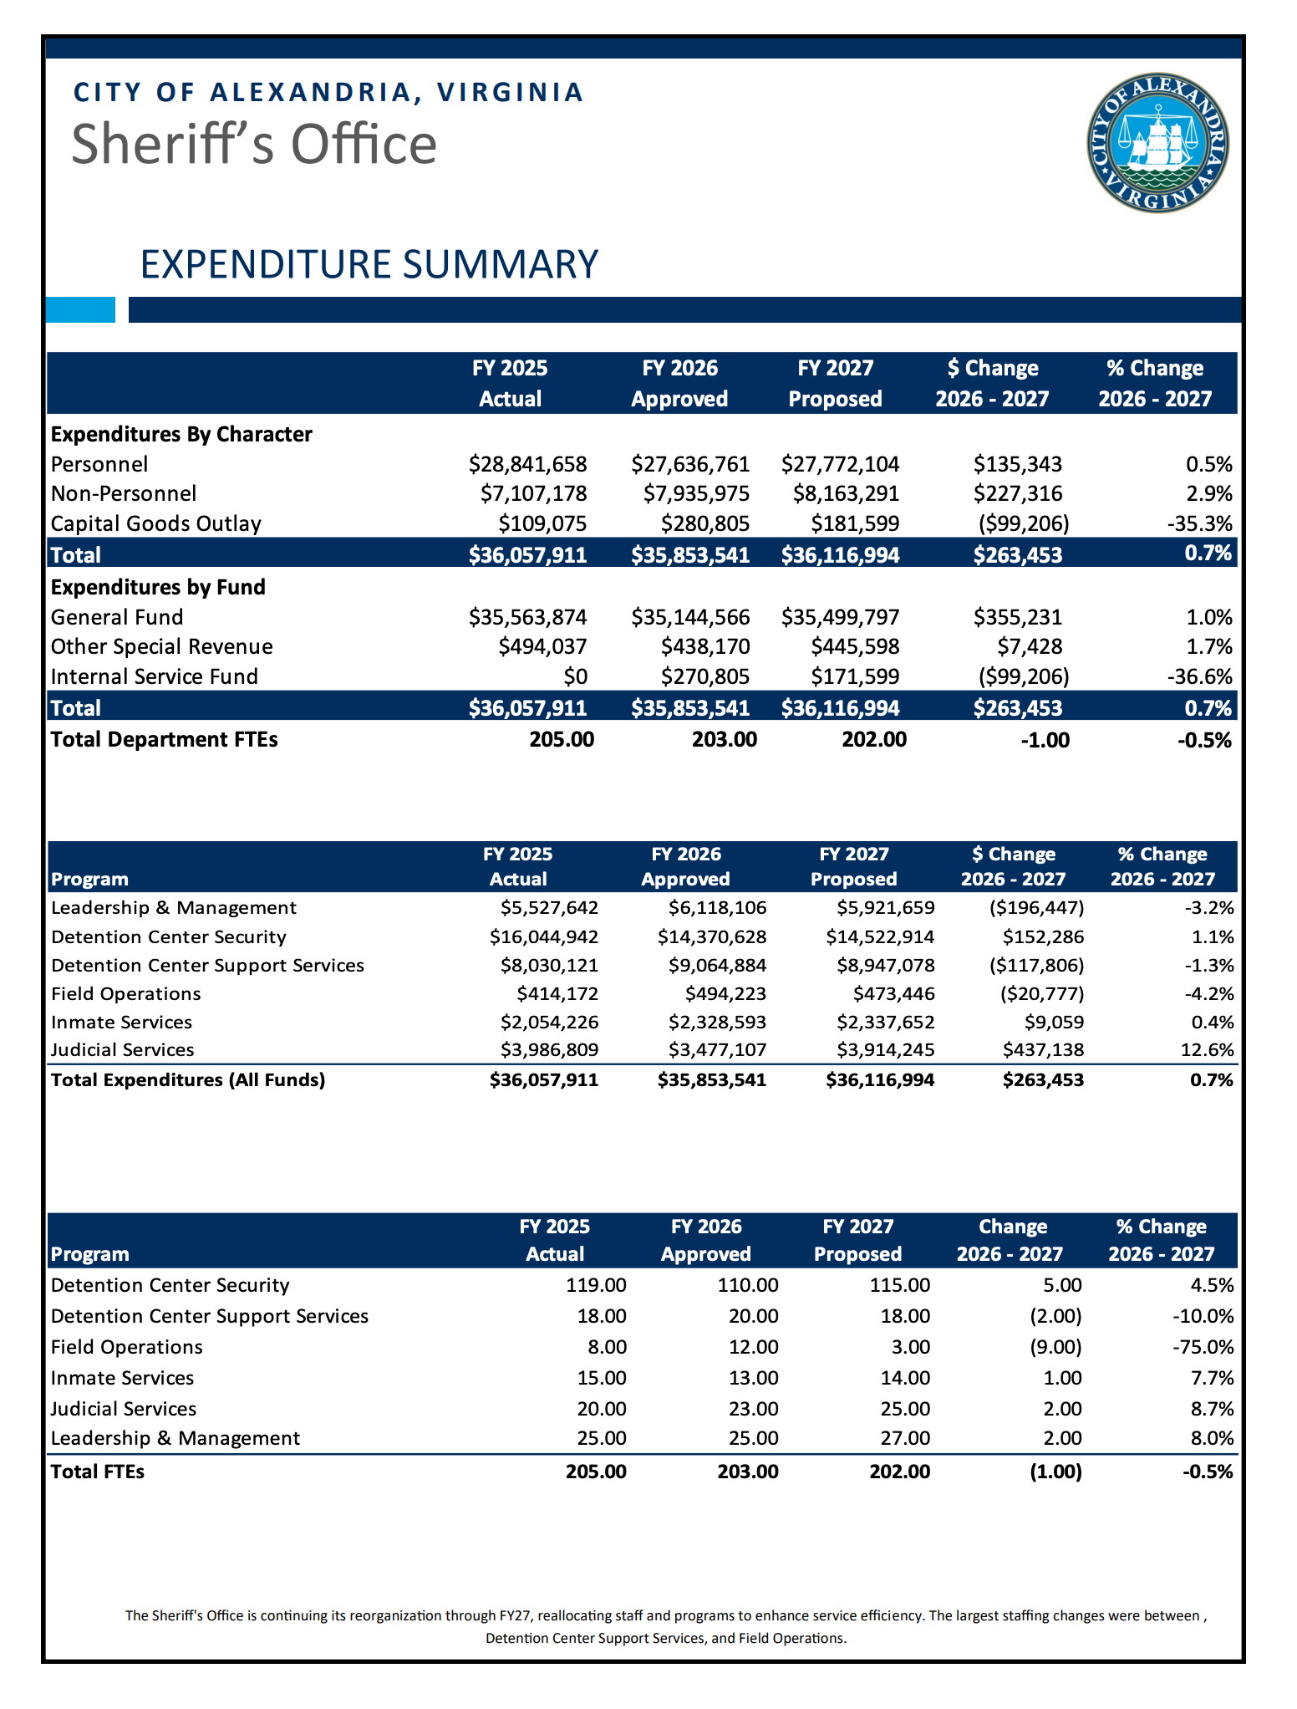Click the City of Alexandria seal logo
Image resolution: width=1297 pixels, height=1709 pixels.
tap(1157, 142)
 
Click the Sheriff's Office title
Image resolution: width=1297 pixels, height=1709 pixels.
tap(254, 144)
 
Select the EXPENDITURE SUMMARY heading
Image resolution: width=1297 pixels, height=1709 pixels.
tap(369, 264)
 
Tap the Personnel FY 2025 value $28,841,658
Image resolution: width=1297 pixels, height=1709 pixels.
tap(527, 464)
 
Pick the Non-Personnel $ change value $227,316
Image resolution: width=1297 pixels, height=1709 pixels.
tap(1017, 493)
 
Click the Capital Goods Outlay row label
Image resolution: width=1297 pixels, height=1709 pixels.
tap(155, 523)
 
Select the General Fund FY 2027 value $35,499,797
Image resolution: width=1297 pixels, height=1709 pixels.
tap(840, 617)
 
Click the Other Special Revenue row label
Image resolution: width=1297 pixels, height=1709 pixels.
tap(161, 646)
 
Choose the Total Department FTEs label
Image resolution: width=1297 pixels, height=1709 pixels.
tap(164, 739)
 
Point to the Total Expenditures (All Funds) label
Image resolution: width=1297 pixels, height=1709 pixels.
tap(188, 1079)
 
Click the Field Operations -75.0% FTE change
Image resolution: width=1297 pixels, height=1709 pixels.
tap(1203, 1347)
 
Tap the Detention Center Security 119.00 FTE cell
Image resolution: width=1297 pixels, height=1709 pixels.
tap(596, 1285)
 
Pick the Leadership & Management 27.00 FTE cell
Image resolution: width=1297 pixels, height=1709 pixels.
tap(899, 1438)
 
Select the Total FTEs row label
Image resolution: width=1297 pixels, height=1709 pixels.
tap(97, 1472)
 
